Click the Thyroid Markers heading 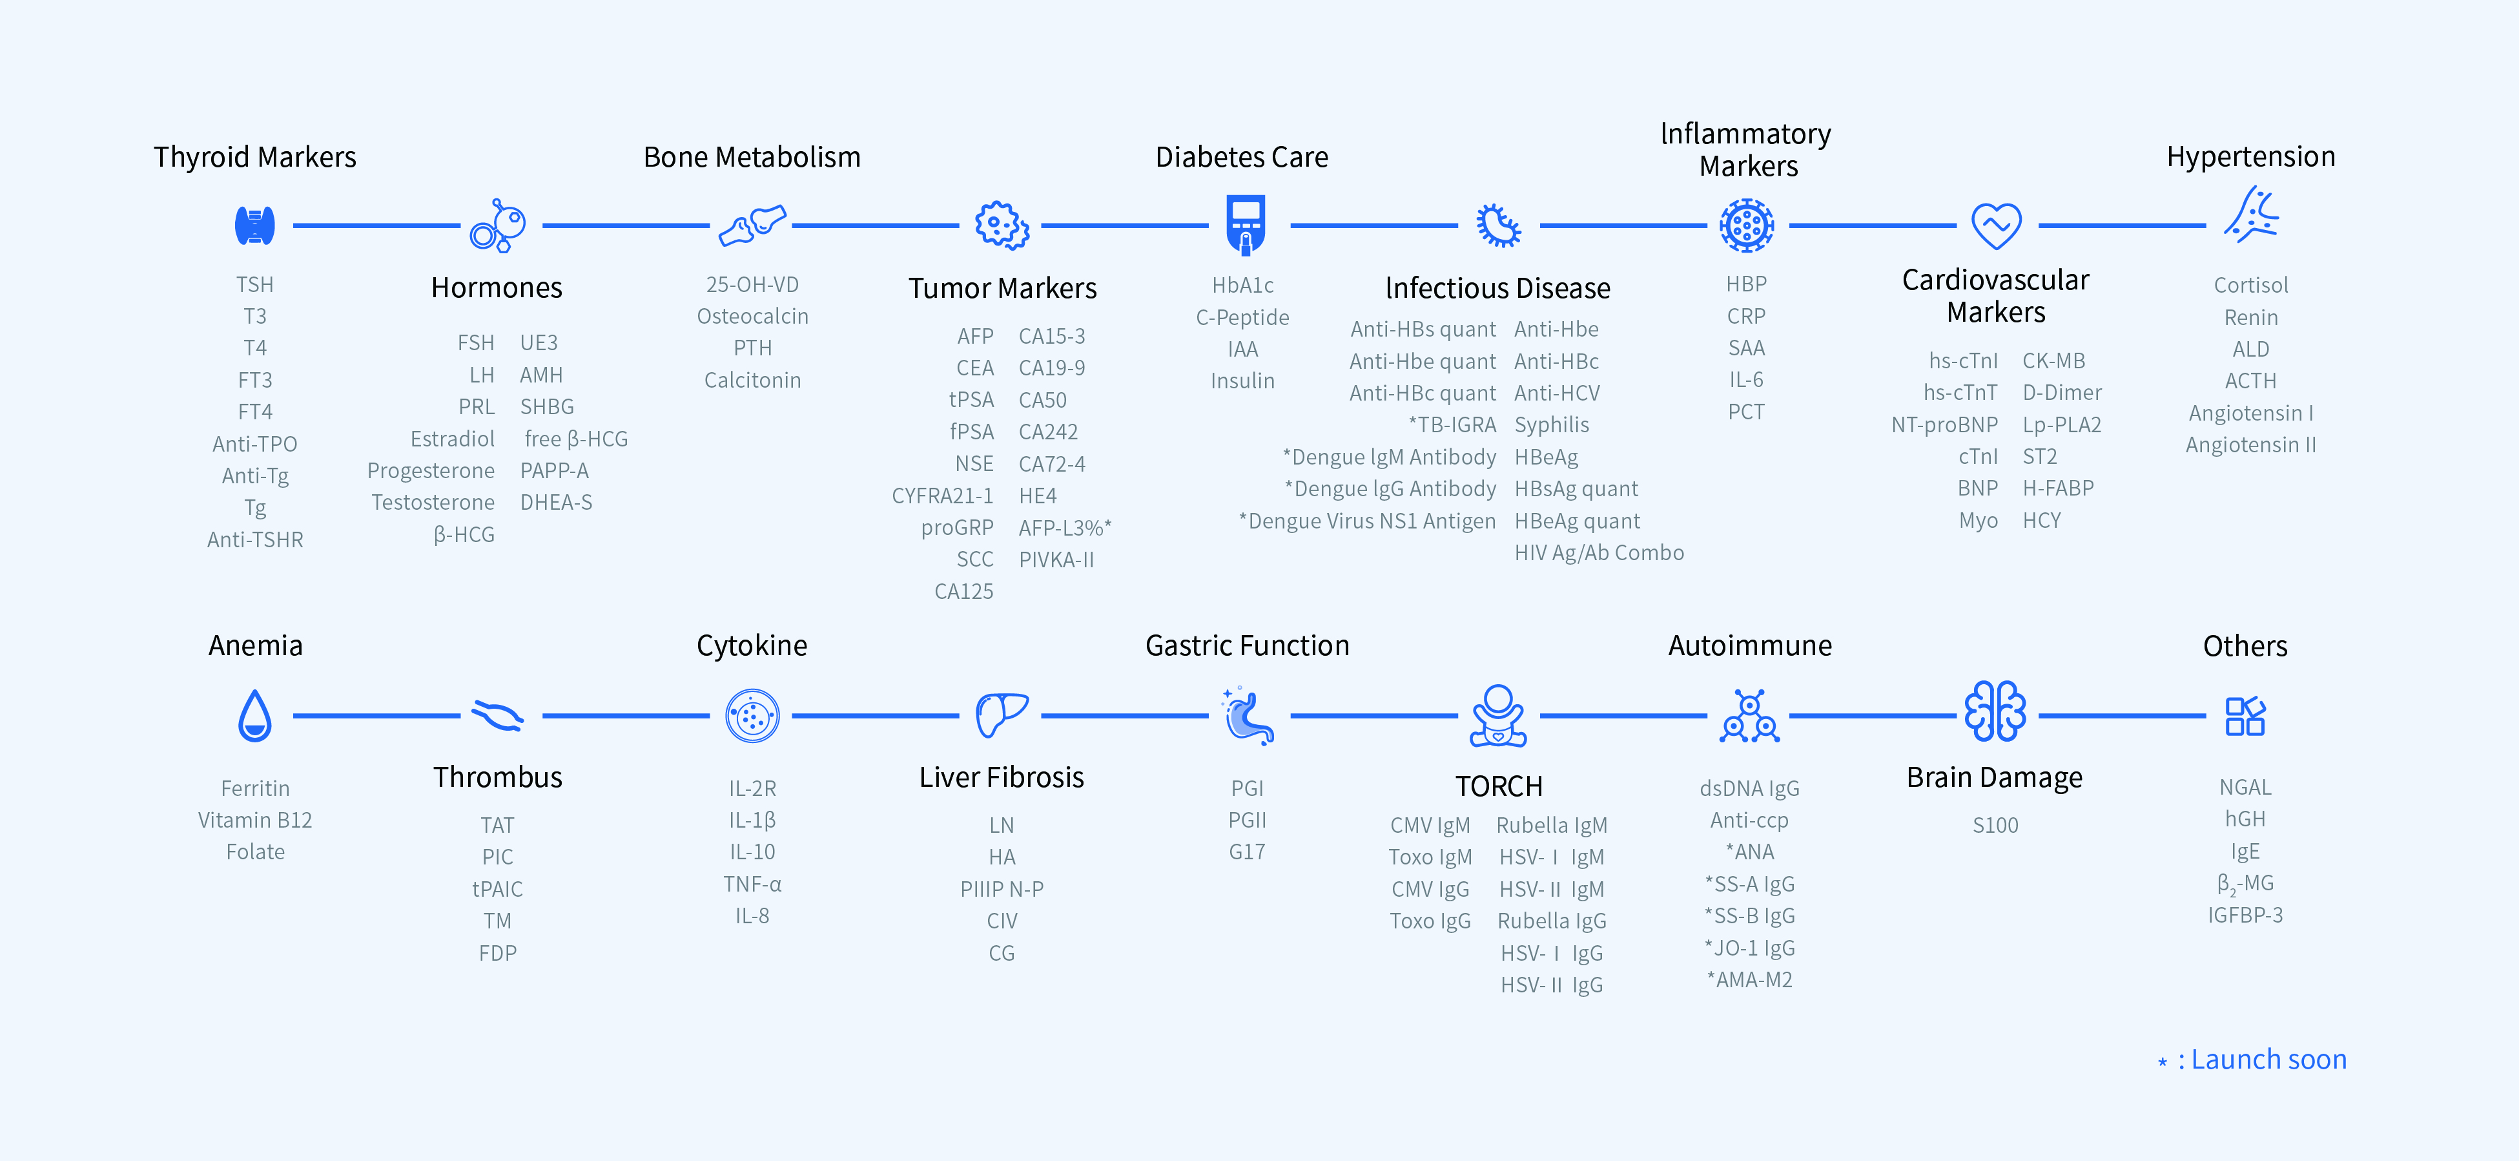coord(254,158)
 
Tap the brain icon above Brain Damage coord(1995,712)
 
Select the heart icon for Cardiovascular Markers coord(1996,226)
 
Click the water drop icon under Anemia coord(255,716)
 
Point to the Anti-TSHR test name coord(255,540)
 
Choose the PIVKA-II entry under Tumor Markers coord(1056,560)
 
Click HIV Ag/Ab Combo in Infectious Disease coord(1599,552)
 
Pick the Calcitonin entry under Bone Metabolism coord(752,381)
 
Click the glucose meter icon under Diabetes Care coord(1245,225)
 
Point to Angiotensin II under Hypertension coord(2250,445)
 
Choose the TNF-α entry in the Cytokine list coord(752,884)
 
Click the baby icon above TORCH coord(1498,716)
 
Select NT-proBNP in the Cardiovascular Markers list coord(1944,424)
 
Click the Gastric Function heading coord(1247,645)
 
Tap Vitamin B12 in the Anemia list coord(255,821)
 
